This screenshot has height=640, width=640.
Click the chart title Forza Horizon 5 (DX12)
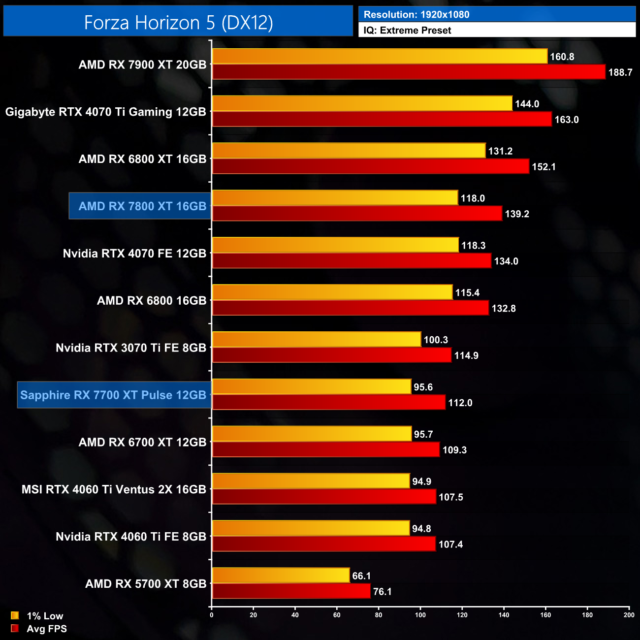[178, 23]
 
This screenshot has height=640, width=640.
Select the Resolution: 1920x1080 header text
[416, 15]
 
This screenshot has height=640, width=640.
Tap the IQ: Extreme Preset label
[407, 31]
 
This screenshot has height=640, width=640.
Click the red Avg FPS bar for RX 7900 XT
[409, 72]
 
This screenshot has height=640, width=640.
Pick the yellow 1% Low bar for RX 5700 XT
[281, 576]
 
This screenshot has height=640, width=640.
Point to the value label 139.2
[517, 214]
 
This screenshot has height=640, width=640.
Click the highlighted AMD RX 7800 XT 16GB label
[142, 206]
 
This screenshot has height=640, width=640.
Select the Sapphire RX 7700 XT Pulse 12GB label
[113, 395]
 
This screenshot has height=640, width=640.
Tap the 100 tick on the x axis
[420, 615]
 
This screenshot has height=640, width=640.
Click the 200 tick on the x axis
[629, 615]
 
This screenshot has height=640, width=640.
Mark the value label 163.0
[567, 120]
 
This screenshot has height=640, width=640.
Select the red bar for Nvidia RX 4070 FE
[352, 261]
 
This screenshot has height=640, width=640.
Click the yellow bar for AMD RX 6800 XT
[349, 151]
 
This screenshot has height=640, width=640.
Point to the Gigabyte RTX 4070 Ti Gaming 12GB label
[106, 112]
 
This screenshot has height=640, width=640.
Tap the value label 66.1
[361, 576]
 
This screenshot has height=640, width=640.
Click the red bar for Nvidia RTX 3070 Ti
[331, 355]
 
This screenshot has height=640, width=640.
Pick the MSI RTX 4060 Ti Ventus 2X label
[114, 489]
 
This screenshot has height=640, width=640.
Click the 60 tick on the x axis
[337, 615]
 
